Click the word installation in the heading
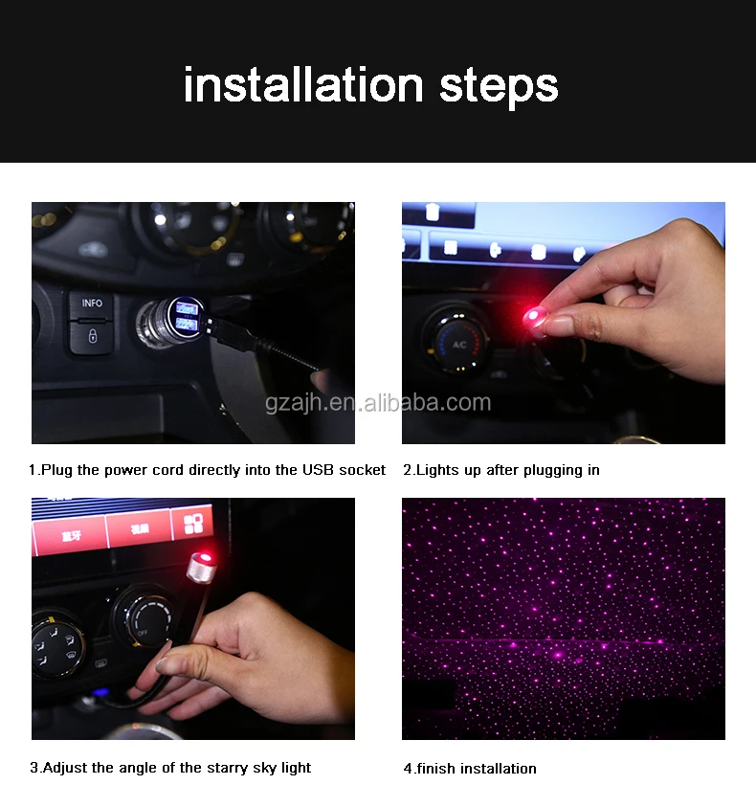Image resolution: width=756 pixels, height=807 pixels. point(303,85)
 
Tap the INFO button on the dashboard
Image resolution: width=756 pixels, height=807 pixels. point(92,304)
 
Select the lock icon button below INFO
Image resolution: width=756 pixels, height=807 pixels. point(92,337)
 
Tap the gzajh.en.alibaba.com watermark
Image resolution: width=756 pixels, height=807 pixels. point(378,402)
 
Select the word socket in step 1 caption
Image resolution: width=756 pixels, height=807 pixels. point(363,470)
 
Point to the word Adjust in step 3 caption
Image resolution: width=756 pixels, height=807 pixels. point(65,768)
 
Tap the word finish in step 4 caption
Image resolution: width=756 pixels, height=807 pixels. point(436,769)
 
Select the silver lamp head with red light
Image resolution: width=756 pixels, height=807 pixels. point(202,567)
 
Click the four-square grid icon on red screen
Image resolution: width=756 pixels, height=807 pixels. point(193,524)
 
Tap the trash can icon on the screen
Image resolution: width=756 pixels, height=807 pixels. point(433,211)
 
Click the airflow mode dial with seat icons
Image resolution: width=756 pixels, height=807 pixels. point(56,642)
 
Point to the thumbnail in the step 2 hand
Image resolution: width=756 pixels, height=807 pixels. point(558,325)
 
